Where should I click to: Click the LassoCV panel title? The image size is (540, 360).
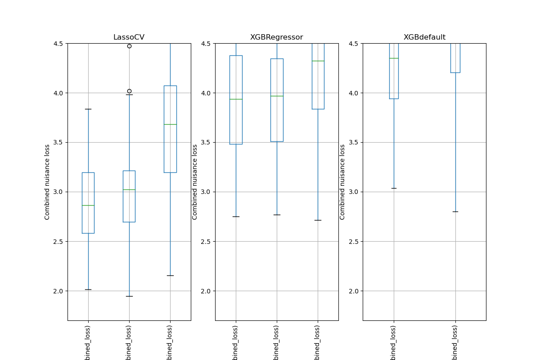pyautogui.click(x=129, y=37)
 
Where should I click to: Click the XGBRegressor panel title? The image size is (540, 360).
pyautogui.click(x=276, y=37)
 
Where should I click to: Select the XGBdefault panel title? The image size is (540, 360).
pyautogui.click(x=424, y=37)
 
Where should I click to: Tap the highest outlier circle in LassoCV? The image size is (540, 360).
pyautogui.click(x=129, y=46)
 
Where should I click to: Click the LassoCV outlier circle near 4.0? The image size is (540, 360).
pyautogui.click(x=129, y=91)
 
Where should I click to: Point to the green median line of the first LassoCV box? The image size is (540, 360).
pyautogui.click(x=88, y=205)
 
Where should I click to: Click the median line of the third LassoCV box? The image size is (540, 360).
pyautogui.click(x=170, y=124)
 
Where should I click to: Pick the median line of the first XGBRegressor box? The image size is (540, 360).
pyautogui.click(x=236, y=99)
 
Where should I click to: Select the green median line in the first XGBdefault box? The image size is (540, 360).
pyautogui.click(x=394, y=58)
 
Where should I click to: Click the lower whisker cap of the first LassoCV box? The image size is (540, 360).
pyautogui.click(x=88, y=289)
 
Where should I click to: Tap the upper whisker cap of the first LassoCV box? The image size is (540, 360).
pyautogui.click(x=88, y=109)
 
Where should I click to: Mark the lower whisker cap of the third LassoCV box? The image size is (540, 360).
pyautogui.click(x=170, y=275)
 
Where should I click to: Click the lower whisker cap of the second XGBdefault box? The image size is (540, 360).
pyautogui.click(x=455, y=211)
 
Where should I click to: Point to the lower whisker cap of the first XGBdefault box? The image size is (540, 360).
pyautogui.click(x=394, y=188)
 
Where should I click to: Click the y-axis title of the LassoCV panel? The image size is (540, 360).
pyautogui.click(x=47, y=182)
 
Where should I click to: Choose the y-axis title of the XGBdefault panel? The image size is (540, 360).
pyautogui.click(x=342, y=182)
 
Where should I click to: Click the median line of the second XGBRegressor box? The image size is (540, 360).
pyautogui.click(x=277, y=96)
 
